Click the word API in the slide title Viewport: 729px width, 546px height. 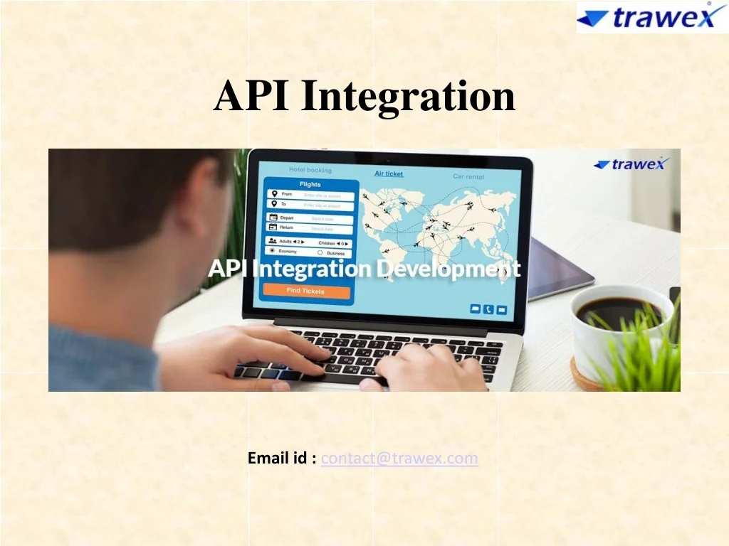[251, 96]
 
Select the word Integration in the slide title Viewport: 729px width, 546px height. [408, 96]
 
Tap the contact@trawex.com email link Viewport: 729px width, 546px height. [399, 459]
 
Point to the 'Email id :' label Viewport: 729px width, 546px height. [282, 459]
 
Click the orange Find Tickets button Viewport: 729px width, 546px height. [306, 291]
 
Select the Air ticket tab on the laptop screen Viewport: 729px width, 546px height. [389, 173]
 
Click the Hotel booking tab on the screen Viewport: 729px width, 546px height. [310, 170]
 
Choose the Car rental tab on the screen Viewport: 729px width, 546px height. [468, 176]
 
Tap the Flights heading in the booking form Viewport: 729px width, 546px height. [310, 184]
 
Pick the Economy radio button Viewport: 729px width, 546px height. [272, 252]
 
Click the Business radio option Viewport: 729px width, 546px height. [320, 253]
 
